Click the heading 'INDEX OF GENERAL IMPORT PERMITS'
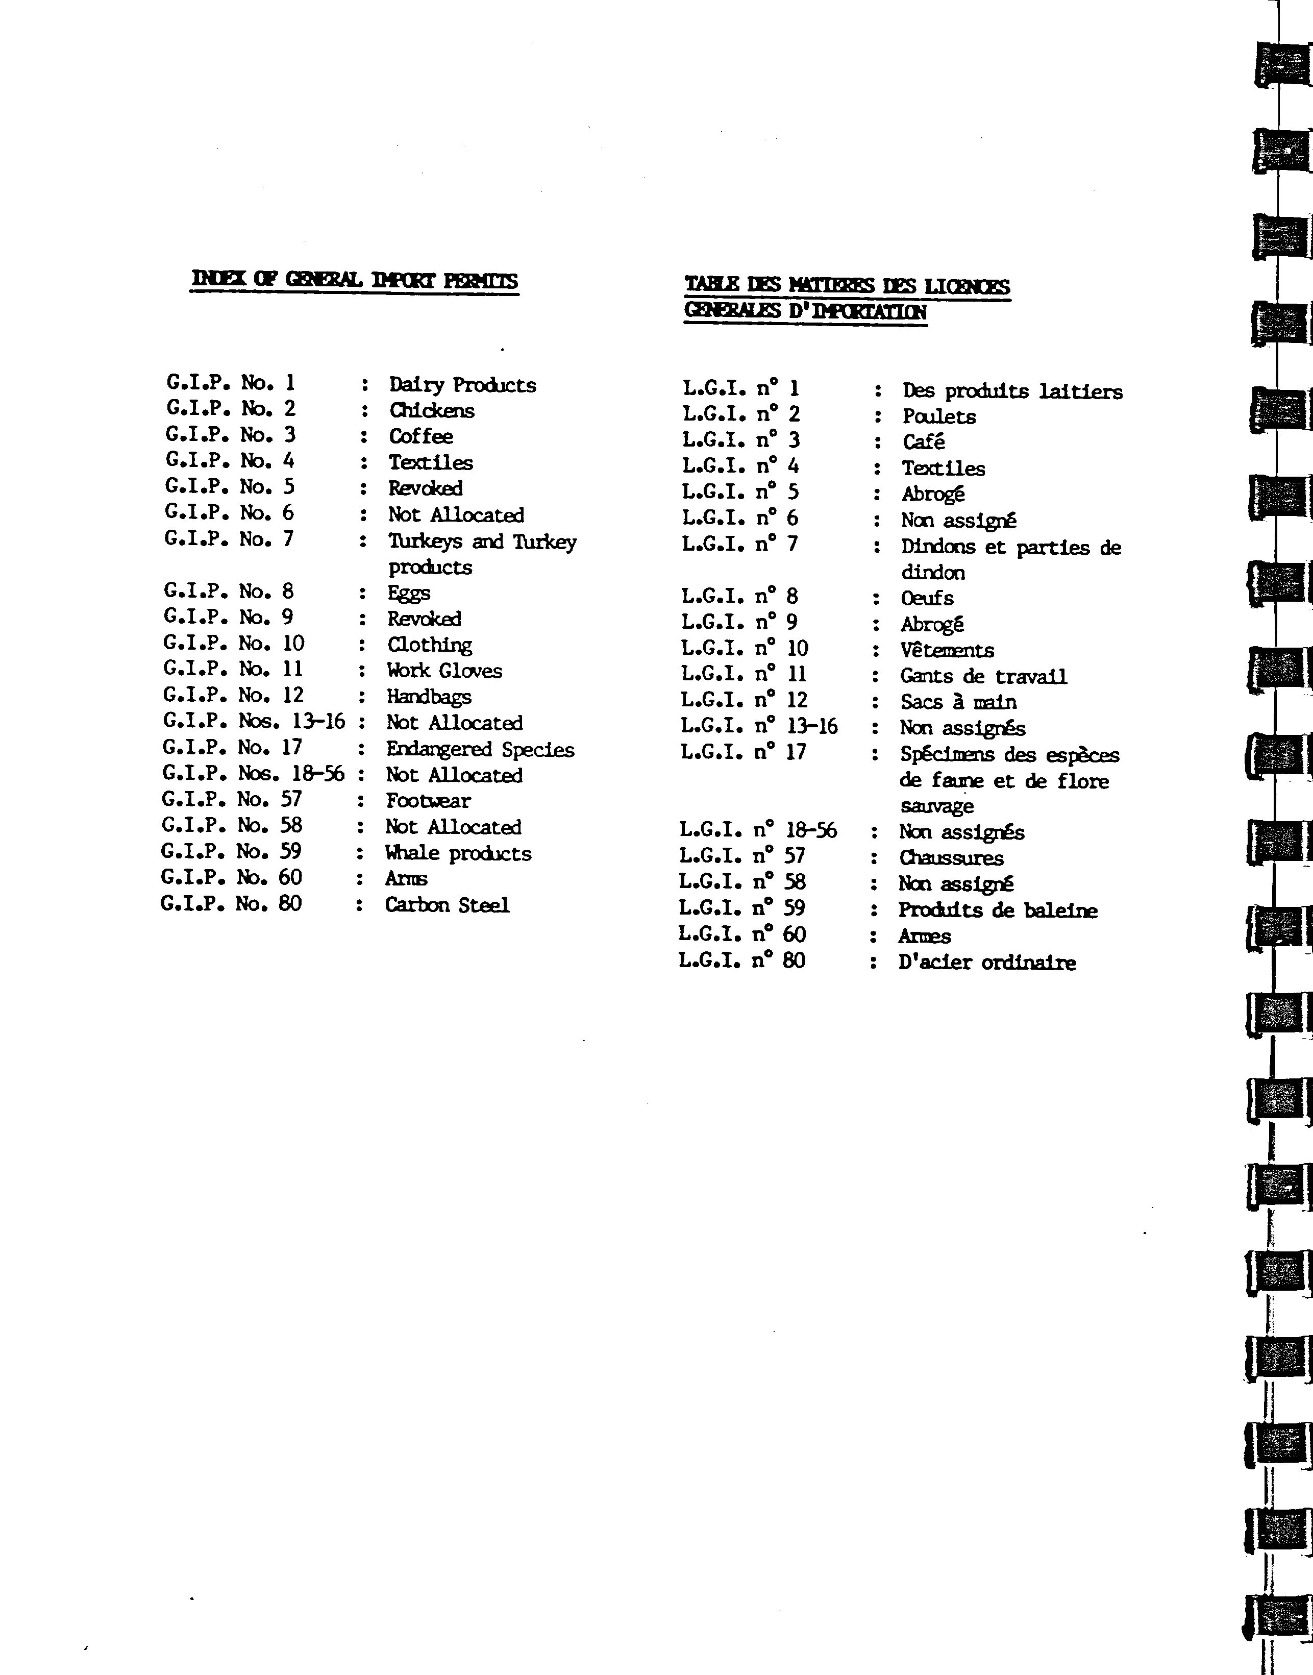pos(354,281)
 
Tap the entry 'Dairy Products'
pos(462,384)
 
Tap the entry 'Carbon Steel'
pos(447,905)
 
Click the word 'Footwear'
pos(428,801)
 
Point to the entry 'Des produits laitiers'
pos(1011,391)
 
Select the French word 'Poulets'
pos(938,416)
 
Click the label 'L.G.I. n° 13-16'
pos(759,726)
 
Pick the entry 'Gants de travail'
pos(983,676)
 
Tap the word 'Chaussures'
pos(951,858)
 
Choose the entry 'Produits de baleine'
pos(997,910)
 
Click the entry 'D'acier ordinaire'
pos(986,963)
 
